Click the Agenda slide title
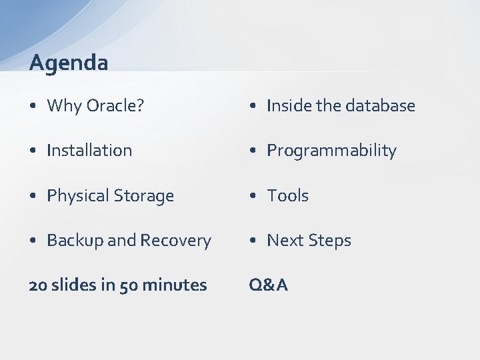(x=69, y=63)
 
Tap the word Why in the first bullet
(x=64, y=106)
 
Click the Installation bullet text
(x=89, y=151)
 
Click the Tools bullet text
(x=287, y=196)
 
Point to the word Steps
(x=329, y=241)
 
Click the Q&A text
(x=268, y=285)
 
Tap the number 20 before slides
(x=38, y=285)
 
